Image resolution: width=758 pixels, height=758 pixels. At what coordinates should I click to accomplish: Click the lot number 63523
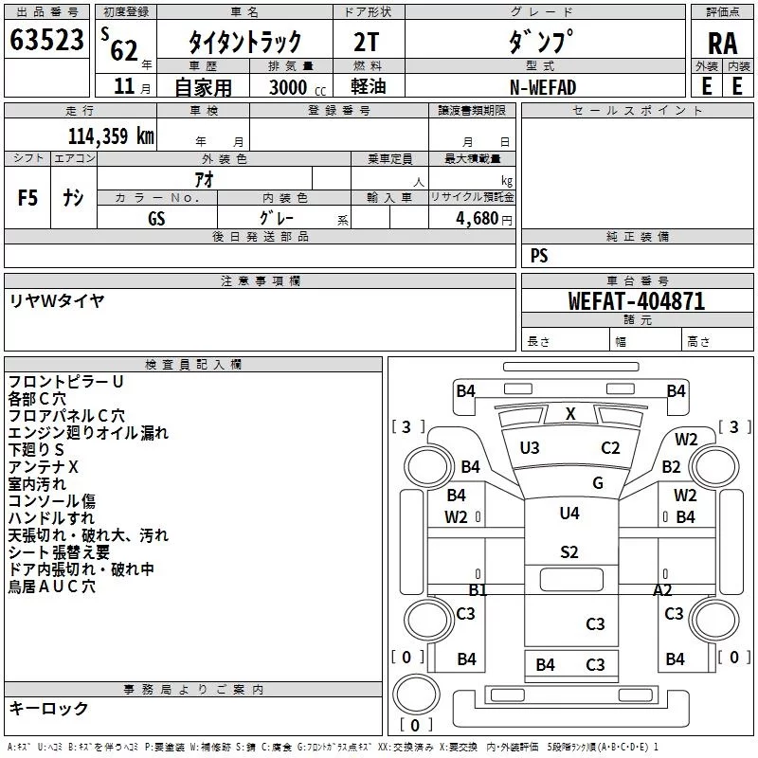(x=45, y=41)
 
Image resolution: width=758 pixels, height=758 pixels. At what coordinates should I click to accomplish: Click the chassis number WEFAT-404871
(x=636, y=301)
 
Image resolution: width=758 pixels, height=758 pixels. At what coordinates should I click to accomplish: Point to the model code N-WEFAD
(x=543, y=87)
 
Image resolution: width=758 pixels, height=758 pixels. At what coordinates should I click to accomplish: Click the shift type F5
(x=28, y=198)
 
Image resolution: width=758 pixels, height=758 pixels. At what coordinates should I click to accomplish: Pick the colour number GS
(x=156, y=217)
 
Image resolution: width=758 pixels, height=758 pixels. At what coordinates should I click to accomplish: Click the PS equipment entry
(x=539, y=256)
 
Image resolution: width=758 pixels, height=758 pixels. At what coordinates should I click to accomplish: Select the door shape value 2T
(x=368, y=42)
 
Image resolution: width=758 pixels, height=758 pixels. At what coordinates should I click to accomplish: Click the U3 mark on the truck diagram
(x=530, y=447)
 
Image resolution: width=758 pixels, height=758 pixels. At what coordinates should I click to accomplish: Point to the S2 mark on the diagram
(x=569, y=551)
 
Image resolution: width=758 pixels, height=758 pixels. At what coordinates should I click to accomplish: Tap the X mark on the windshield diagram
(x=570, y=413)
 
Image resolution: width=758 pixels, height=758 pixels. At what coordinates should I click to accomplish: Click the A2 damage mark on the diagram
(x=662, y=589)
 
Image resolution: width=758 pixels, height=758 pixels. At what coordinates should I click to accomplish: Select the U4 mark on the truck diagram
(x=569, y=514)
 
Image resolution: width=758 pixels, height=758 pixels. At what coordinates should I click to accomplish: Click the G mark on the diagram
(x=597, y=482)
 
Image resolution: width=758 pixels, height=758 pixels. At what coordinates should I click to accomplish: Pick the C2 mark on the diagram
(x=610, y=447)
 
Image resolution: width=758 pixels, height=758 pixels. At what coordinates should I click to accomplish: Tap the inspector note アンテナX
(x=43, y=467)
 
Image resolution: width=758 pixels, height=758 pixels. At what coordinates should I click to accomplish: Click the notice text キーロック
(x=49, y=708)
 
